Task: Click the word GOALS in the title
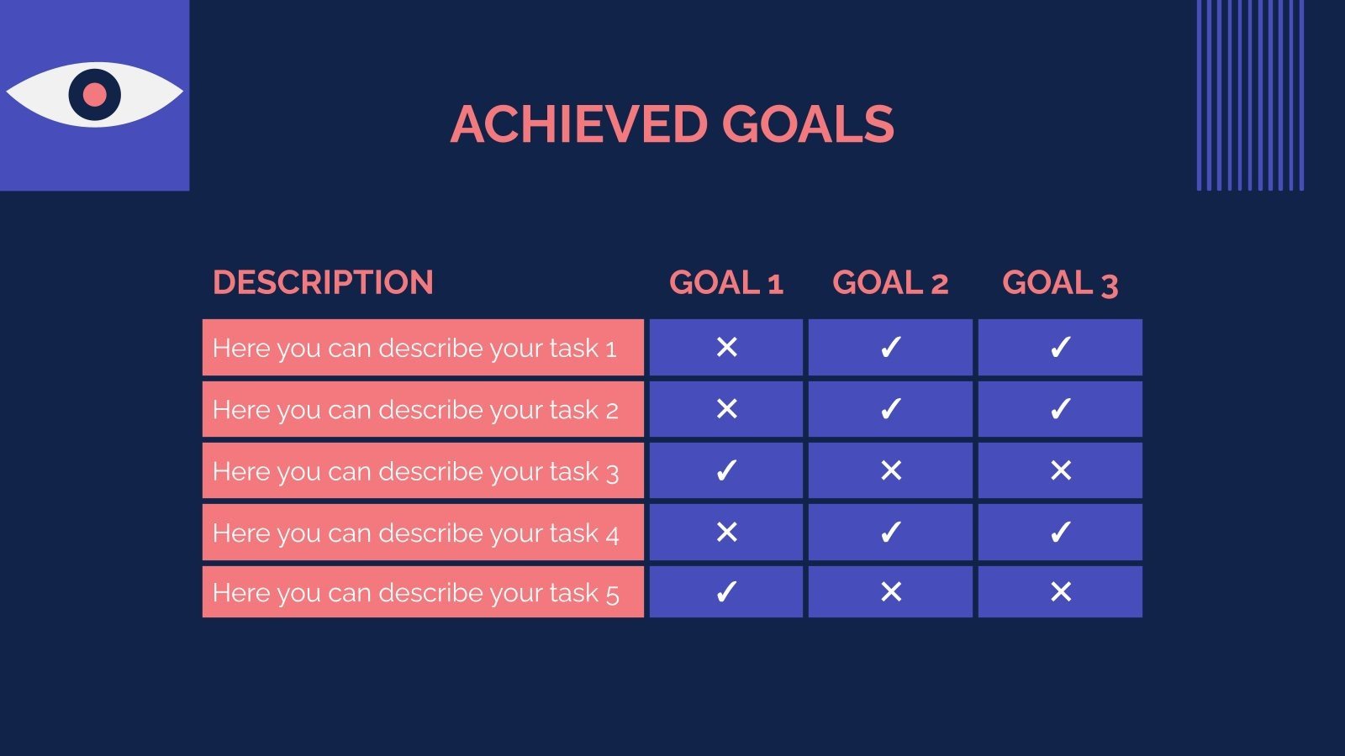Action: pos(807,124)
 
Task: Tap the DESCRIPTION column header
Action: pos(323,282)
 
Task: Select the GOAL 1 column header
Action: pos(726,283)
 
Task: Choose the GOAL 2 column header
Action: pos(890,283)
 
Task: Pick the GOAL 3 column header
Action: pos(1060,283)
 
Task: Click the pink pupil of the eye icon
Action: pos(95,94)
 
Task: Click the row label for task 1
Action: pos(414,348)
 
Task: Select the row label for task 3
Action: pos(415,471)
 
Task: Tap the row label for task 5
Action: pos(415,593)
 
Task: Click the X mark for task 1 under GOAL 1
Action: pos(726,347)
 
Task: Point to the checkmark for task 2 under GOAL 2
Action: pos(890,409)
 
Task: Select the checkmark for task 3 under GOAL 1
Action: pos(726,470)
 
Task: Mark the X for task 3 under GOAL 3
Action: pos(1061,470)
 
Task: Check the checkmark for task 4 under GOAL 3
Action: pos(1061,532)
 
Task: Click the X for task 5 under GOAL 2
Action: pos(891,592)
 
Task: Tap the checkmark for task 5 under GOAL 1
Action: pos(726,592)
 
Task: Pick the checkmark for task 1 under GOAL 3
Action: pos(1061,347)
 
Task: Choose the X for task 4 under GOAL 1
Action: pos(726,532)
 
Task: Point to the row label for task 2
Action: pos(415,410)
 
